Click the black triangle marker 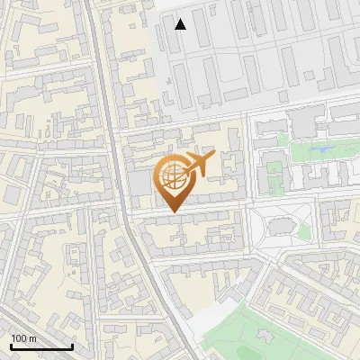(181, 24)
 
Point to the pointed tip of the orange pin (174, 211)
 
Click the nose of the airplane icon (213, 157)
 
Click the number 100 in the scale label (19, 338)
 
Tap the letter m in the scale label (32, 338)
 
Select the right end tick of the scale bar (71, 345)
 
